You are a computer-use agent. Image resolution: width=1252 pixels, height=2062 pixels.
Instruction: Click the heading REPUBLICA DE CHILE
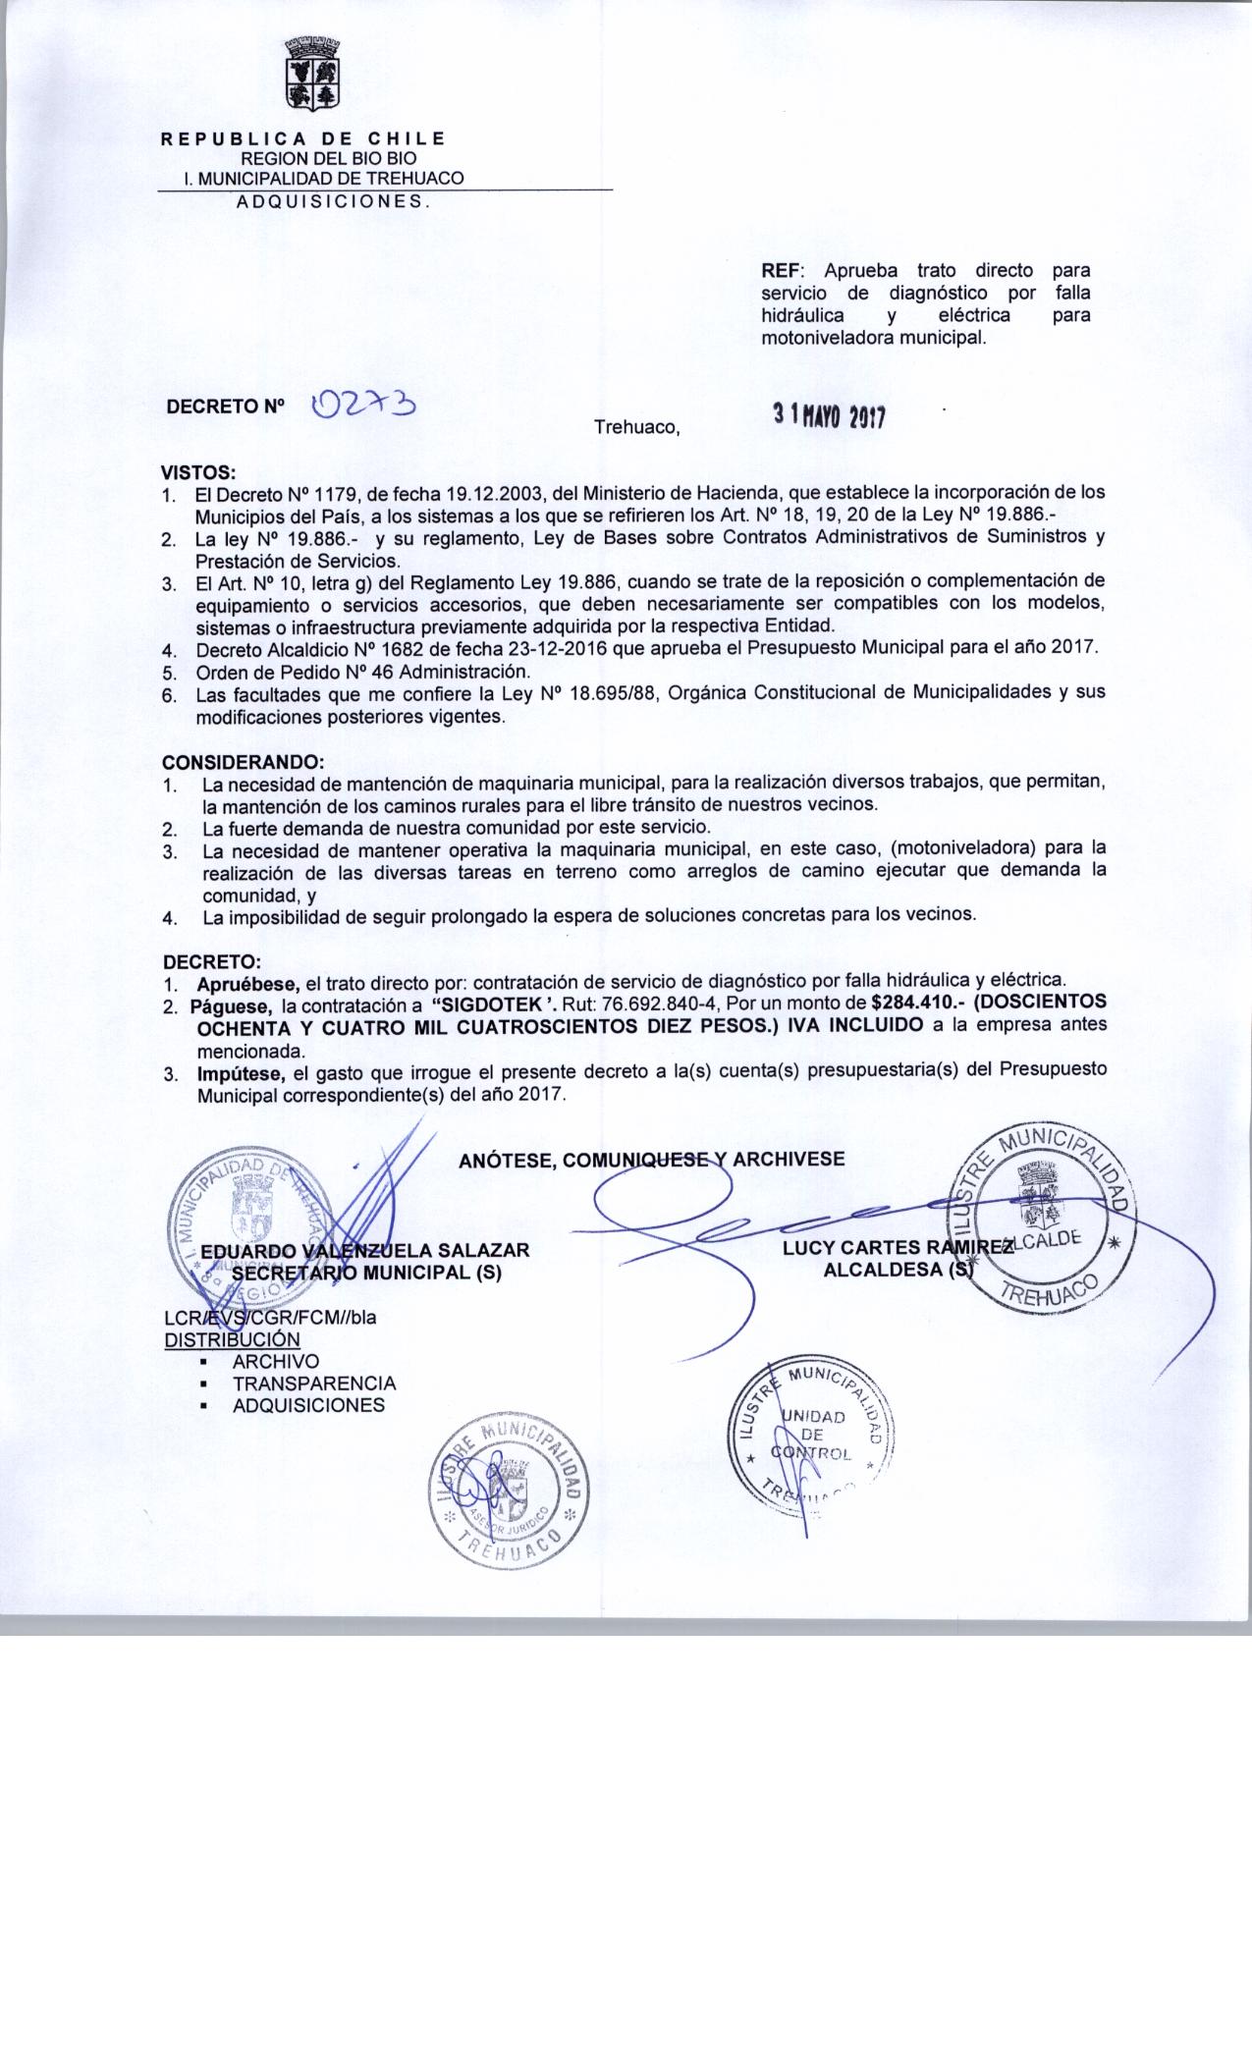[303, 138]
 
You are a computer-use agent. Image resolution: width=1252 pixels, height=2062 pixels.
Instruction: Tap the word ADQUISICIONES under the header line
[331, 201]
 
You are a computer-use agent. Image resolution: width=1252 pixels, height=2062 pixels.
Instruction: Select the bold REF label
[783, 270]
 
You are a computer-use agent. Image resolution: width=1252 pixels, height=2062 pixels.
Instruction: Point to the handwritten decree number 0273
[362, 405]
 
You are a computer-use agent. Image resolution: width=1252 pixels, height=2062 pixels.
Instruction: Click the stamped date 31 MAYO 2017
[829, 416]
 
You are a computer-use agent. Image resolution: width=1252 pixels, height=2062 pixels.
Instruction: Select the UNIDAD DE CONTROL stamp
[812, 1434]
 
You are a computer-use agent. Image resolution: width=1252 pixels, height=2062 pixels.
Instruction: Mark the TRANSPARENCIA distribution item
[314, 1383]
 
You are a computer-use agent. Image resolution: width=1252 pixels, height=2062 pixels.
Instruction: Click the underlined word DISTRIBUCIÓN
[232, 1339]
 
